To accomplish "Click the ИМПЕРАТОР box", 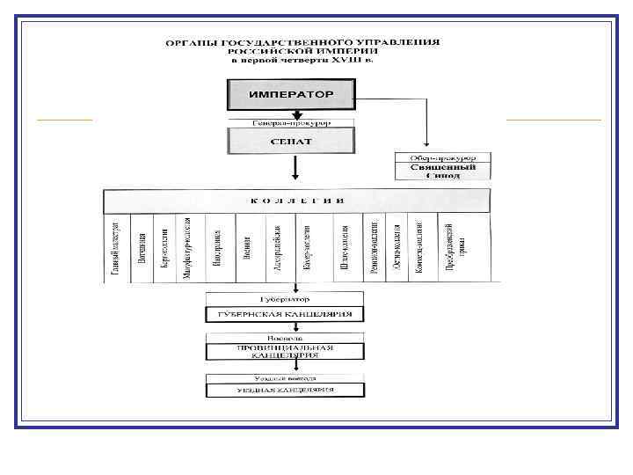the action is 291,92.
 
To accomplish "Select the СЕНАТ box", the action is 291,141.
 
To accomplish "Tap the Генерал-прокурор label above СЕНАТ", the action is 291,123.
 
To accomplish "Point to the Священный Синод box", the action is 442,171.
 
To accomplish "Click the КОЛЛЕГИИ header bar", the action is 302,201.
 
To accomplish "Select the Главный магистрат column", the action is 116,248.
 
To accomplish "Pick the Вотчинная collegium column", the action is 141,248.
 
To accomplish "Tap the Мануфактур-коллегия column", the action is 187,248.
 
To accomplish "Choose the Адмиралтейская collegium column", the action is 278,248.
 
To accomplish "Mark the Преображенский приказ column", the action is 449,248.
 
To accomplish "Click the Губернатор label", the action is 284,298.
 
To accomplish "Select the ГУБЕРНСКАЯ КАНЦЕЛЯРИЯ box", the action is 284,314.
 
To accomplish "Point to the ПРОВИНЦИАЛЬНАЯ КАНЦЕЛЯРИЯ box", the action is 284,352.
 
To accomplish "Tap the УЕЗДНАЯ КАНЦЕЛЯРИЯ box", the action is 284,390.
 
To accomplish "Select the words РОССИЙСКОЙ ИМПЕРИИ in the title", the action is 299,51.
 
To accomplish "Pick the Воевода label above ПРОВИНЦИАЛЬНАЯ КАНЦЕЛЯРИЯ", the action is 284,337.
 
